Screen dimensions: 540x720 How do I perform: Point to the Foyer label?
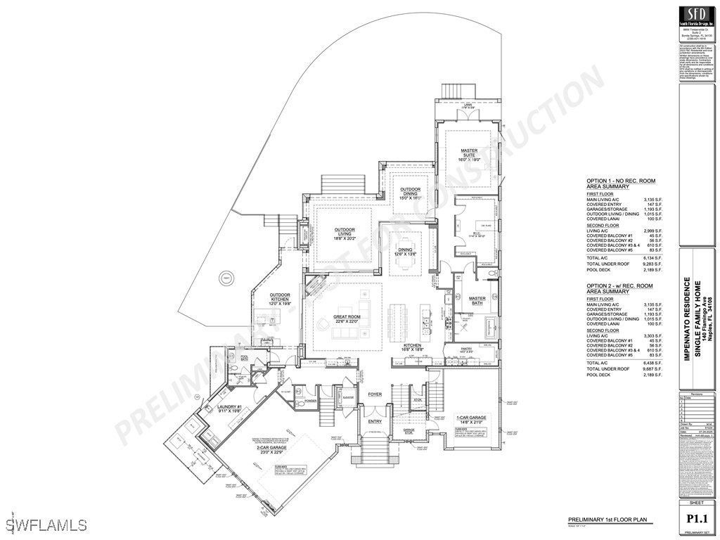tap(375, 394)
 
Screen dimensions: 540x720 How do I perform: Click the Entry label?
tap(375, 422)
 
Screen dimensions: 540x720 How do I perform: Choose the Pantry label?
tap(465, 349)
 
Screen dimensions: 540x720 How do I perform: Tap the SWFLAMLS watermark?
tap(44, 525)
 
